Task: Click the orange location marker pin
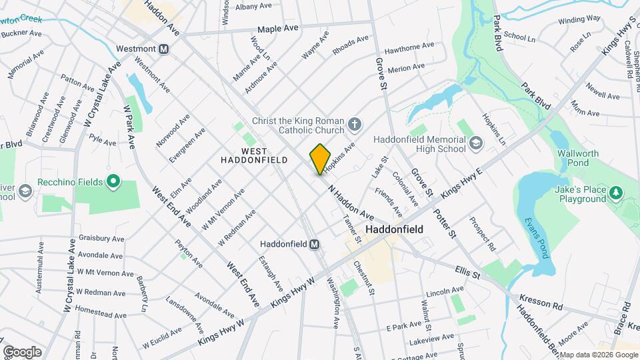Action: click(x=321, y=159)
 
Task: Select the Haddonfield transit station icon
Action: click(x=314, y=244)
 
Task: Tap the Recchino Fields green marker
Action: click(x=113, y=181)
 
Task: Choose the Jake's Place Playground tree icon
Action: click(x=617, y=193)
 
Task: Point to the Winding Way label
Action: click(x=579, y=19)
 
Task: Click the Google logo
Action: click(x=22, y=351)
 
